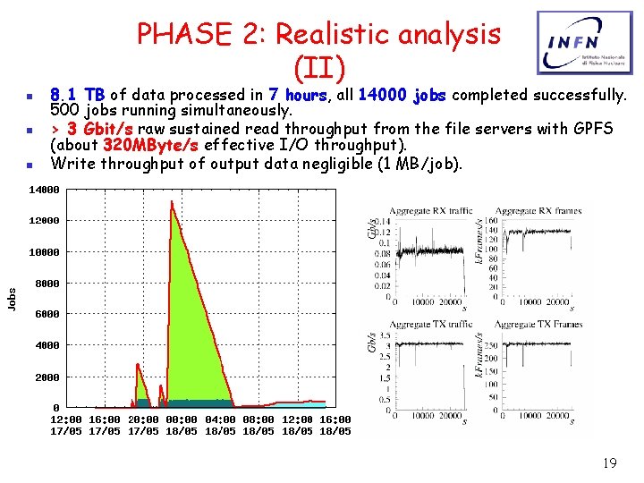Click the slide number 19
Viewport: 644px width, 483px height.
pos(609,463)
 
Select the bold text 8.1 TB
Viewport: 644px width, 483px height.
pos(78,95)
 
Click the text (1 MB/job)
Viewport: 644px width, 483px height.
pos(418,163)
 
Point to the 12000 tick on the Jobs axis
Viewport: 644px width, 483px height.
pos(44,221)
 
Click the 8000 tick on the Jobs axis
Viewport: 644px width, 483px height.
pos(47,284)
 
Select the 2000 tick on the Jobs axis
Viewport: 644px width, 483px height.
pos(47,377)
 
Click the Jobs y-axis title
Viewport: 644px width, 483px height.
pos(12,299)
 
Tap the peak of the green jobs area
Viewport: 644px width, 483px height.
pos(171,202)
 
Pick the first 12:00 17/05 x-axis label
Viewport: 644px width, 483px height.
pos(67,425)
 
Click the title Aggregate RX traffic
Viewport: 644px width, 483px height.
pos(432,211)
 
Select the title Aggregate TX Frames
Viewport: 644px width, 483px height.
pos(538,324)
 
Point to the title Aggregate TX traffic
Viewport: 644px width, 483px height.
pos(432,324)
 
